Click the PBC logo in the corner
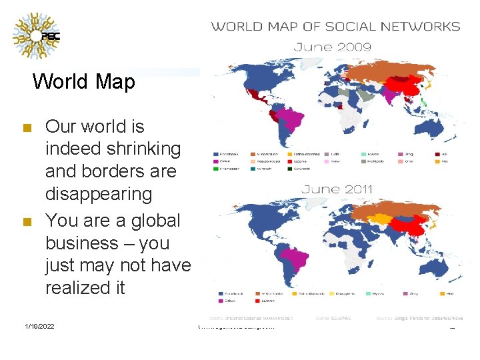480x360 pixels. (x=37, y=35)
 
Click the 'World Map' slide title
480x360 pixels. (x=84, y=81)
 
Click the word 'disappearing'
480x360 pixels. (x=98, y=194)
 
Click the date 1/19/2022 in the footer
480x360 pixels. (x=39, y=326)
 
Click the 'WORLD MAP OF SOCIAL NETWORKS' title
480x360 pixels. (x=335, y=27)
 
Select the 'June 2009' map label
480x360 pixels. (x=333, y=47)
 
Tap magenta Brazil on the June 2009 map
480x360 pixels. (x=291, y=121)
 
